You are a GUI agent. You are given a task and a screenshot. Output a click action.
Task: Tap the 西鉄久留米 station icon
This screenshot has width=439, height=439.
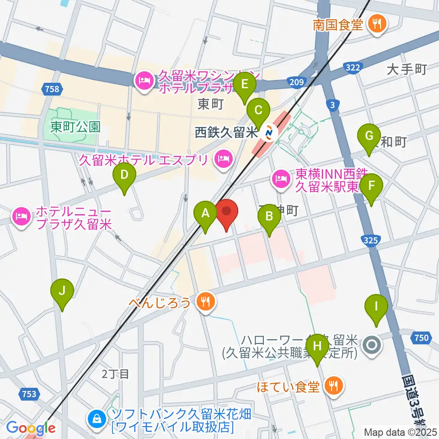[268, 134]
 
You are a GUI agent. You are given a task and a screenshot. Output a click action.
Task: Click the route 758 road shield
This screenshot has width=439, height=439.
[53, 89]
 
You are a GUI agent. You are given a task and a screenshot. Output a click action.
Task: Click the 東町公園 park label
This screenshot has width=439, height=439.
[75, 127]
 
